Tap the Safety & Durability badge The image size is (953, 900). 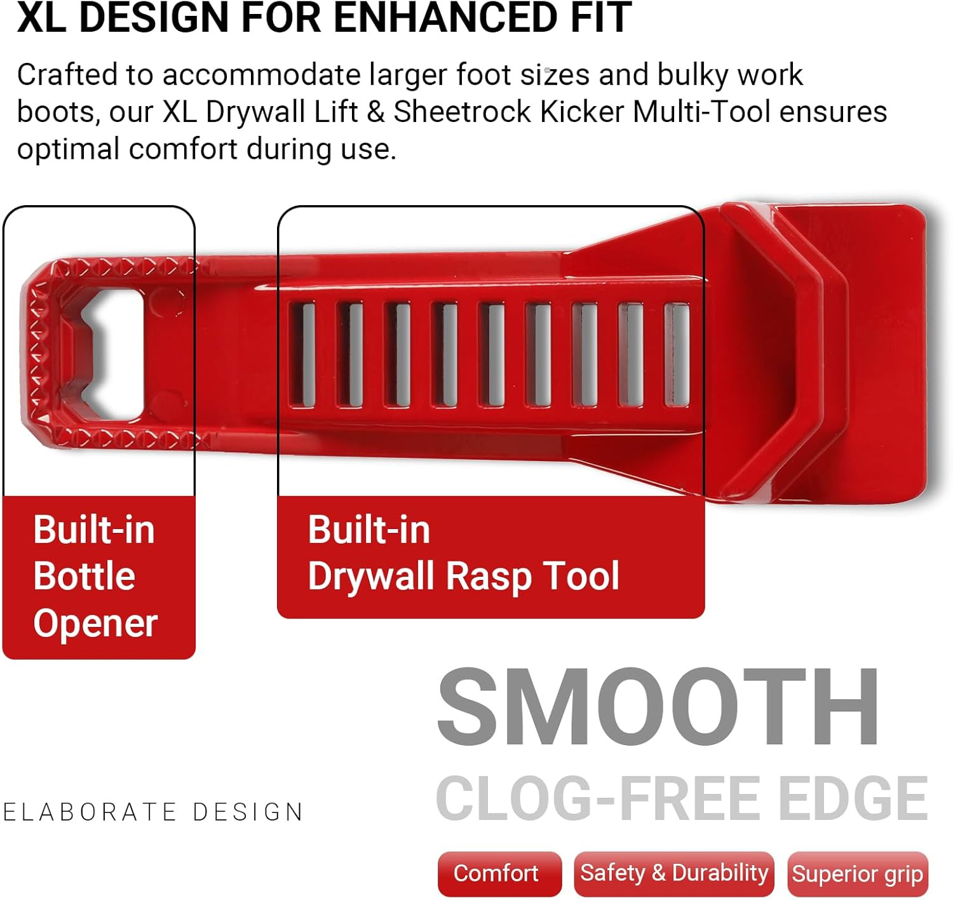coord(673,874)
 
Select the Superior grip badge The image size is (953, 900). coord(857,875)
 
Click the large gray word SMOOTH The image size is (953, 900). coord(658,708)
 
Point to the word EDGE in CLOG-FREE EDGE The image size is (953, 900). coord(853,799)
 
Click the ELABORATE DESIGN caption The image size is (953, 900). coord(153,812)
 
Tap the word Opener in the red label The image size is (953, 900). coord(95,624)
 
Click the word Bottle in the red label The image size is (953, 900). coord(84,576)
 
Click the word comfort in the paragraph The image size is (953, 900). coord(183,149)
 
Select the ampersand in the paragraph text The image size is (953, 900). coord(375,112)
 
